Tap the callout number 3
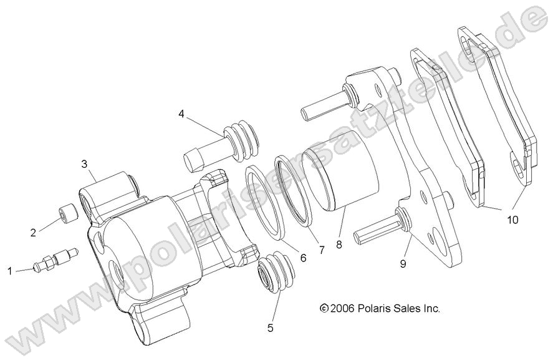pos(84,164)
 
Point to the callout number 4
pos(181,114)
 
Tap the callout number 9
pos(403,263)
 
